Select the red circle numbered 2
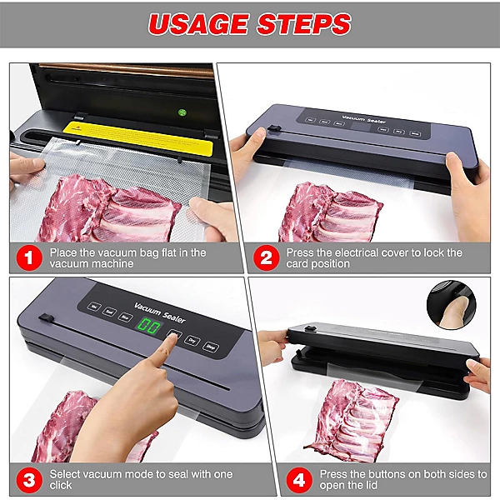click(266, 257)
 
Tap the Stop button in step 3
click(211, 347)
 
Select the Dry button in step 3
click(192, 341)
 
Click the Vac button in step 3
click(97, 306)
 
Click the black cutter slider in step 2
click(272, 128)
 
